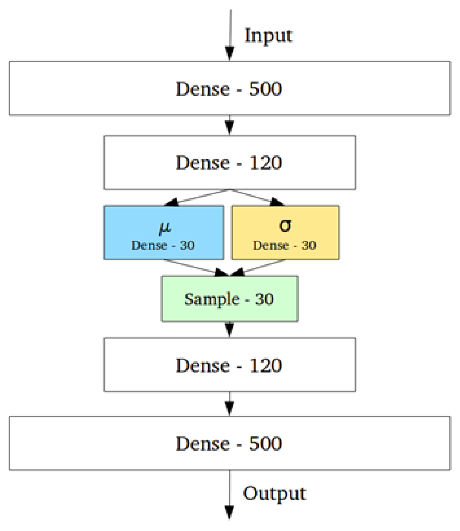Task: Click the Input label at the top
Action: point(268,36)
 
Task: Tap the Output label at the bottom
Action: point(274,493)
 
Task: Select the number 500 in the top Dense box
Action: point(265,89)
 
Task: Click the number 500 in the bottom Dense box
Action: point(265,443)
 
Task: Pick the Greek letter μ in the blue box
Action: point(165,227)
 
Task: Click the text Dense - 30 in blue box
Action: point(163,245)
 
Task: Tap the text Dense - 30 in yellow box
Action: point(285,245)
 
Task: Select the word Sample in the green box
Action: point(212,299)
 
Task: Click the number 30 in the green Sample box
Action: point(264,299)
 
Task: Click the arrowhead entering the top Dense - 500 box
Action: point(230,53)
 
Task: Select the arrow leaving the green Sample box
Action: point(230,329)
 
